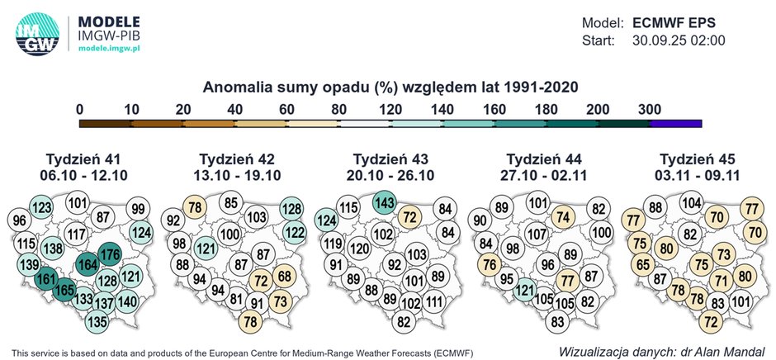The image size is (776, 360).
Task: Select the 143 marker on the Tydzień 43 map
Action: (383, 202)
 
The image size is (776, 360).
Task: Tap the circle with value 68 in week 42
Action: (285, 275)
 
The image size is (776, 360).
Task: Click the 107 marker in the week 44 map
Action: (537, 234)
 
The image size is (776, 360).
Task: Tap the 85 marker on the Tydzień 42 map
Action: (231, 203)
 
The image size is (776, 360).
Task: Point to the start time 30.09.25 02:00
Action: (679, 40)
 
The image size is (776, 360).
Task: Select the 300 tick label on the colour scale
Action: (650, 108)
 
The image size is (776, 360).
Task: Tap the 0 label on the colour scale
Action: (79, 108)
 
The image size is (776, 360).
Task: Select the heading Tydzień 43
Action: (387, 159)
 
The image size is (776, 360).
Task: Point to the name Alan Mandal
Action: (729, 349)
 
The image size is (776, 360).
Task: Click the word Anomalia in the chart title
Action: (240, 86)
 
